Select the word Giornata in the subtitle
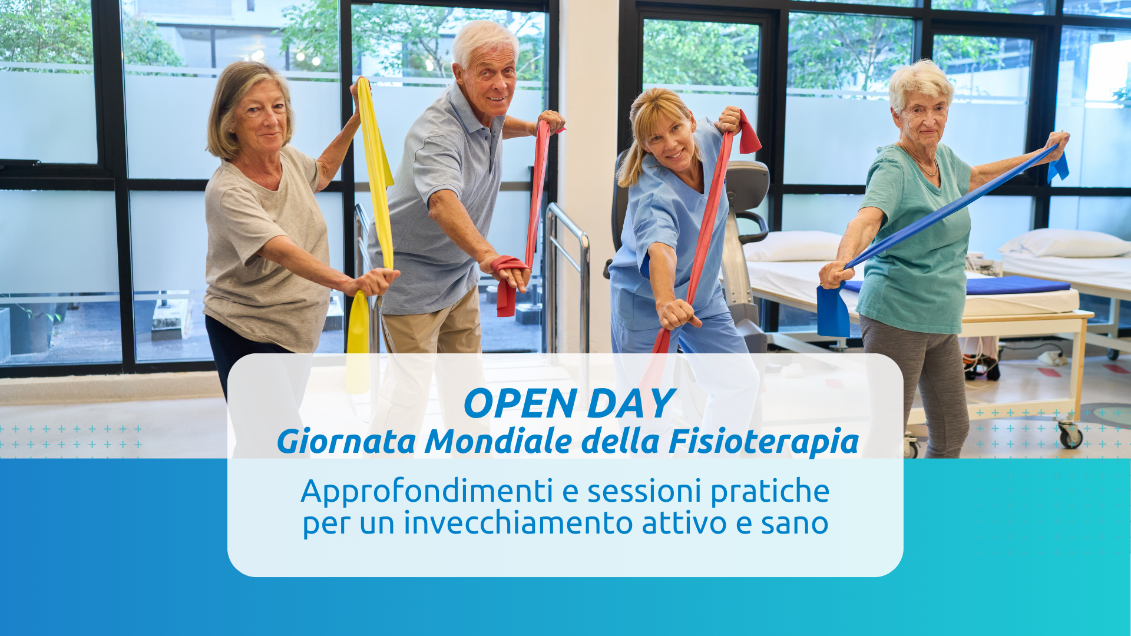point(346,442)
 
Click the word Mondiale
point(498,442)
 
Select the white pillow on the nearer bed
point(792,246)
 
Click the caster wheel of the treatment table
point(1070,436)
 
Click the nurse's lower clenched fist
point(677,314)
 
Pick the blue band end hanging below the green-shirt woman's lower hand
point(833,310)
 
